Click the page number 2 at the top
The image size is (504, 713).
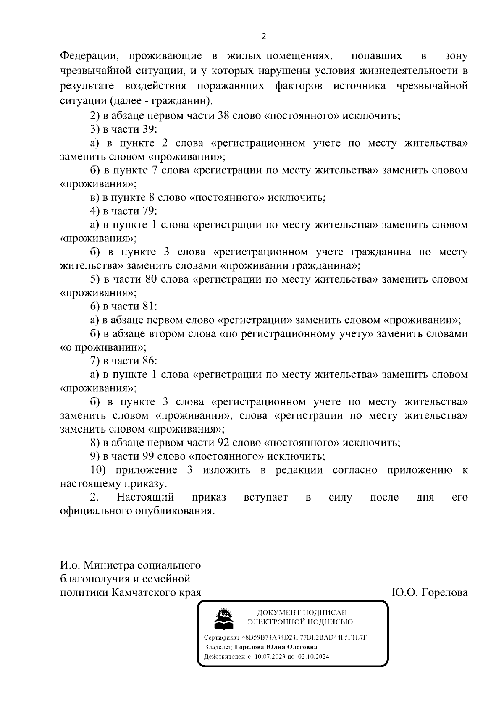click(263, 37)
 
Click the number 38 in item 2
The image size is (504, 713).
click(220, 116)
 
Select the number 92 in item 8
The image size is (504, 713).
click(221, 443)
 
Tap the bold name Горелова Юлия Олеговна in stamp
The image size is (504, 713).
click(276, 647)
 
